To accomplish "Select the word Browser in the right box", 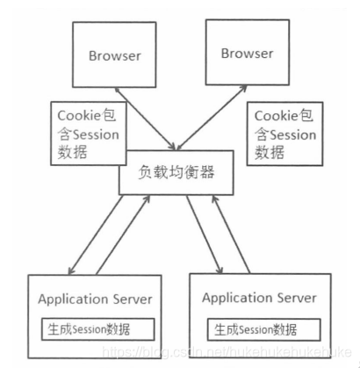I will [247, 54].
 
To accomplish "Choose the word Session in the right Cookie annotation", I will [292, 134].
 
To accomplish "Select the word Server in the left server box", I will [130, 299].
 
